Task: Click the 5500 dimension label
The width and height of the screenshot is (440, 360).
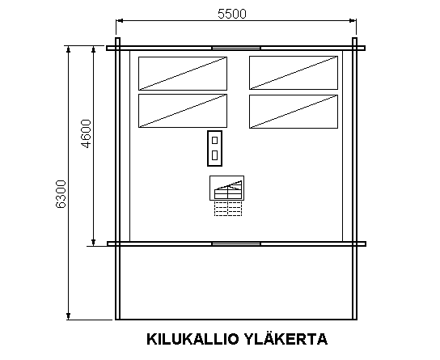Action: click(232, 14)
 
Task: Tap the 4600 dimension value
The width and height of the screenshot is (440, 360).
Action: click(86, 133)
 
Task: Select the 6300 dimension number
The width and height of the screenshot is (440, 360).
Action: click(61, 194)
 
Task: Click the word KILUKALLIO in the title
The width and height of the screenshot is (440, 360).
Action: click(192, 339)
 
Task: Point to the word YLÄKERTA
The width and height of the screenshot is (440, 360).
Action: click(286, 338)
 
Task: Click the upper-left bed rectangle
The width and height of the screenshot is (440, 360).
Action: click(183, 74)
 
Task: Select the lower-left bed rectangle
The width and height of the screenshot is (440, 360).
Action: click(183, 111)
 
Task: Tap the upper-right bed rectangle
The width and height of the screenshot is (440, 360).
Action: click(294, 73)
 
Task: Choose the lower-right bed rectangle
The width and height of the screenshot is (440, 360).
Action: click(294, 112)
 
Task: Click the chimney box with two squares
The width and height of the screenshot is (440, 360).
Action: click(214, 148)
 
